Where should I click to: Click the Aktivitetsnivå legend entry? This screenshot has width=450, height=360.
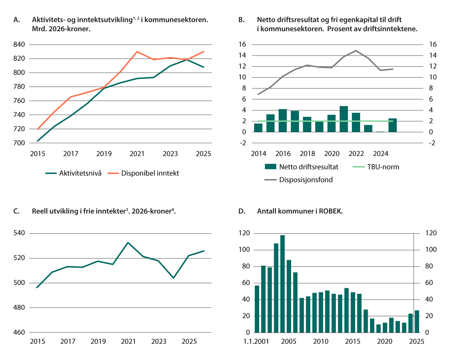click(74, 173)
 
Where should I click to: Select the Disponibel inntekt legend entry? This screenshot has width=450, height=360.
click(143, 173)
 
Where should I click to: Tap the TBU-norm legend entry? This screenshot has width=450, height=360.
click(376, 167)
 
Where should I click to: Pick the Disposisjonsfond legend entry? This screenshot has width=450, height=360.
click(299, 180)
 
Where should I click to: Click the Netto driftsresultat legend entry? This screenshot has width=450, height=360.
click(301, 167)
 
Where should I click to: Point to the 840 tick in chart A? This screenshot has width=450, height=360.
click(19, 44)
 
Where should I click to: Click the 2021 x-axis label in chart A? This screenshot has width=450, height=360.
click(137, 154)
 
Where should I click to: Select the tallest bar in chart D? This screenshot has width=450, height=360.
click(282, 284)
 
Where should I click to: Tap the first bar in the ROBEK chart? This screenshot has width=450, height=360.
click(257, 309)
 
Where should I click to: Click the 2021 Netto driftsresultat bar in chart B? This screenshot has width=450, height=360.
click(344, 119)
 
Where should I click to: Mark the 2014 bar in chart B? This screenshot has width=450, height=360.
click(258, 128)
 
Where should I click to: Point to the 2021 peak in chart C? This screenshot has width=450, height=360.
click(128, 243)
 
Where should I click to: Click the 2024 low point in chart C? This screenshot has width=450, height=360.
click(173, 278)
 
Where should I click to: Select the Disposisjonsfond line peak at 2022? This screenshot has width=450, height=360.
click(356, 50)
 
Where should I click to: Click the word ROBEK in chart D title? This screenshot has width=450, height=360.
click(330, 211)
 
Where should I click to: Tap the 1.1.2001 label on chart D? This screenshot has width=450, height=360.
click(256, 341)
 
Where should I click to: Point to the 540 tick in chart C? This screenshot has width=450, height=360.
click(19, 233)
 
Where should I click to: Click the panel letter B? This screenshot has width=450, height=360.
click(242, 20)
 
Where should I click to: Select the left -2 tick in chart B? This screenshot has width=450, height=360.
click(243, 143)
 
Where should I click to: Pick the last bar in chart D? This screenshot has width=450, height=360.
click(417, 322)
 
